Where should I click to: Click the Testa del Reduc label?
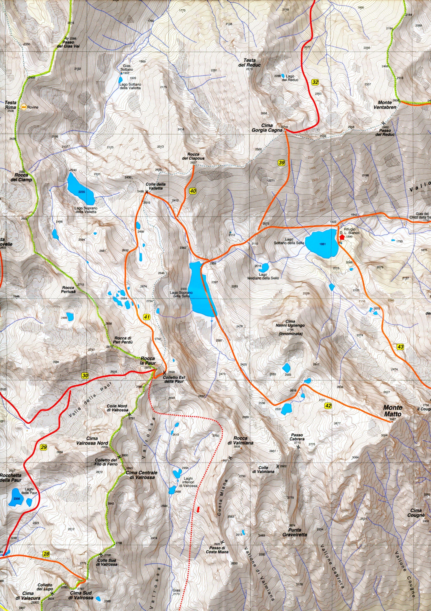pos(249,63)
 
